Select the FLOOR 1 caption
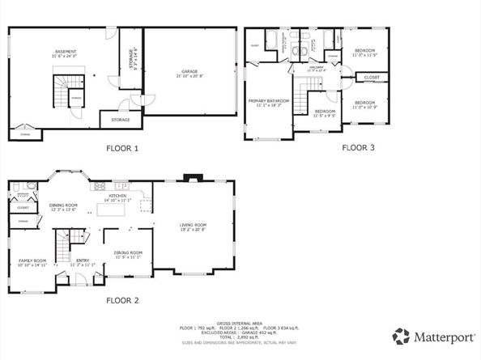click(123, 148)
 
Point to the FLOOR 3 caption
click(357, 148)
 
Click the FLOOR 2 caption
click(123, 300)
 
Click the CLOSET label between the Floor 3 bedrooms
click(371, 78)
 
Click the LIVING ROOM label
click(193, 227)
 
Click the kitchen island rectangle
click(114, 210)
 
